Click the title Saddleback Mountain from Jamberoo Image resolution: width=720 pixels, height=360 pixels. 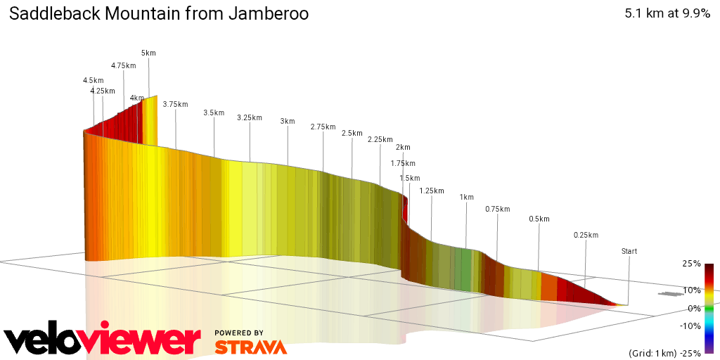click(158, 14)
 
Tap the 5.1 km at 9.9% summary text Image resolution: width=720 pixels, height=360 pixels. click(667, 14)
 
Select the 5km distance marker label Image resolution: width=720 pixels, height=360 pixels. click(148, 53)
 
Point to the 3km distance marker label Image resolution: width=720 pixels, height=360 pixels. click(287, 122)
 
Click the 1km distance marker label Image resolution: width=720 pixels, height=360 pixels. click(466, 198)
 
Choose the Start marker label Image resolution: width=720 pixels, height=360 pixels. click(629, 252)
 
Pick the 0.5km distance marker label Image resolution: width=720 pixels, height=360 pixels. click(539, 219)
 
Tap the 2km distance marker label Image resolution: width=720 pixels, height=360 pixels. click(403, 148)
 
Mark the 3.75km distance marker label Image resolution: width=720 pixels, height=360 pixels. click(175, 105)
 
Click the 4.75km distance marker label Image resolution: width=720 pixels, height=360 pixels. click(123, 66)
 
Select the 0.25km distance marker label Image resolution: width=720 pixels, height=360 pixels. click(586, 236)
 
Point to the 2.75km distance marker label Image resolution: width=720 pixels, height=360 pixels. click(323, 127)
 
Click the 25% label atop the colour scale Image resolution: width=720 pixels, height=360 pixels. click(691, 264)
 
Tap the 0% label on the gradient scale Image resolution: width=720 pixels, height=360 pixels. click(694, 308)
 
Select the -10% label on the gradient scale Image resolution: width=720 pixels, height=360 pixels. click(691, 326)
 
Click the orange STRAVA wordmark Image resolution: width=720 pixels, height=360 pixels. click(250, 347)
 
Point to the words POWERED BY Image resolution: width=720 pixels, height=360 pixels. click(239, 333)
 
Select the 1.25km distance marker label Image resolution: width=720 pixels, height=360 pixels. click(431, 191)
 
